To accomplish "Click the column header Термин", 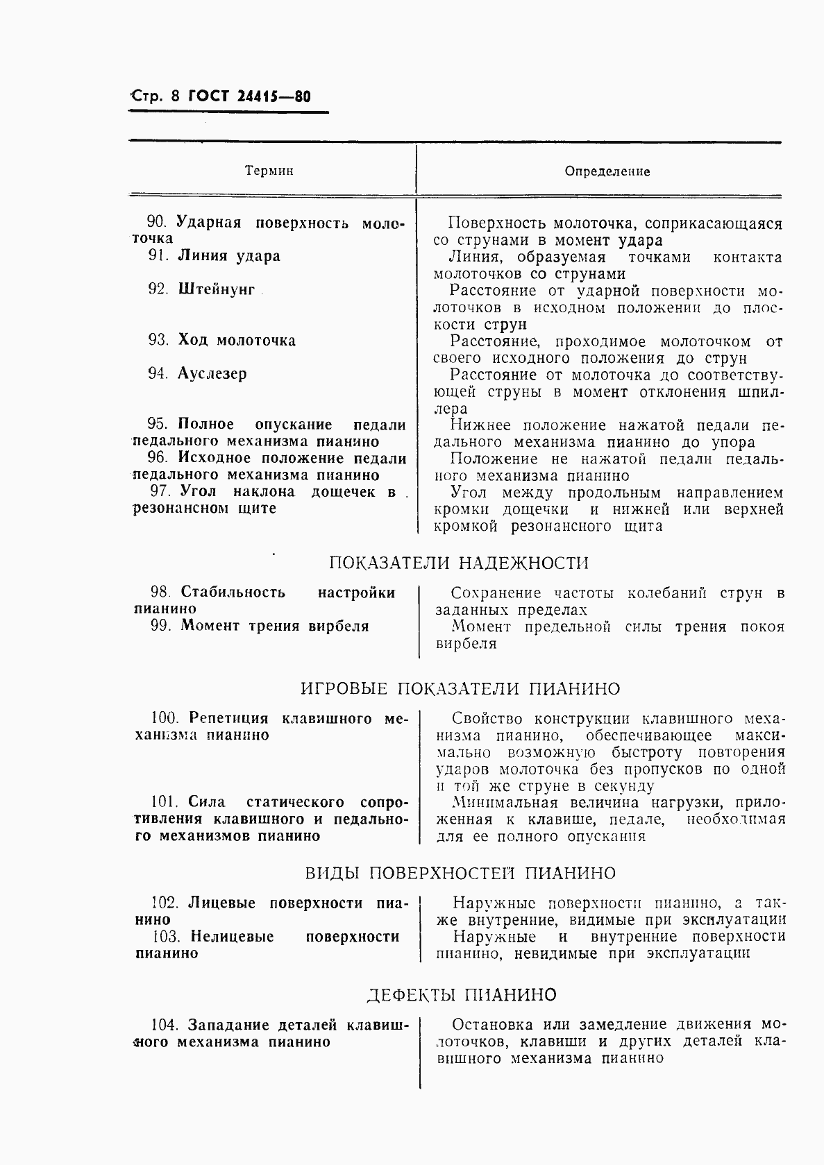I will pyautogui.click(x=269, y=171).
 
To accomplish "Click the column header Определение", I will pyautogui.click(x=607, y=171).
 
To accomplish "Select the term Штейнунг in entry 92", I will pyautogui.click(x=217, y=289).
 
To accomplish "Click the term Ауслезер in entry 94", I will pyautogui.click(x=212, y=374).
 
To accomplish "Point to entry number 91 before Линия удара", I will pyautogui.click(x=158, y=256).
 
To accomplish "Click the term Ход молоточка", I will pyautogui.click(x=237, y=341).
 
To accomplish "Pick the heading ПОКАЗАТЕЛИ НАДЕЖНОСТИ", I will pyautogui.click(x=458, y=563).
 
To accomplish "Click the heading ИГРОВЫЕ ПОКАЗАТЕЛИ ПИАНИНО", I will pyautogui.click(x=460, y=689).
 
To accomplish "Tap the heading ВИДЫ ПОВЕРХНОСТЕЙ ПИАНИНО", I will pyautogui.click(x=460, y=873).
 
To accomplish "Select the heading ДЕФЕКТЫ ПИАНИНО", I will pyautogui.click(x=461, y=995).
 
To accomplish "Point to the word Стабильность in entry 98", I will pyautogui.click(x=233, y=593).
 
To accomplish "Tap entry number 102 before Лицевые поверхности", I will pyautogui.click(x=165, y=903).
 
